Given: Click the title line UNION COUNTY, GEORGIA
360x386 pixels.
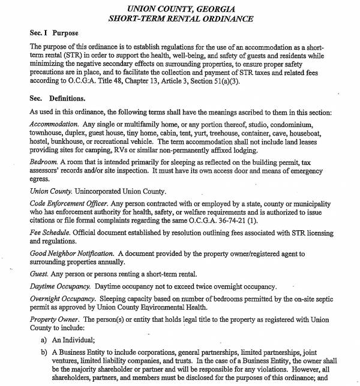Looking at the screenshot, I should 180,8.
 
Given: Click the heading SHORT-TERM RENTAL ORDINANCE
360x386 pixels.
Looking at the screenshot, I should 180,19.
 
